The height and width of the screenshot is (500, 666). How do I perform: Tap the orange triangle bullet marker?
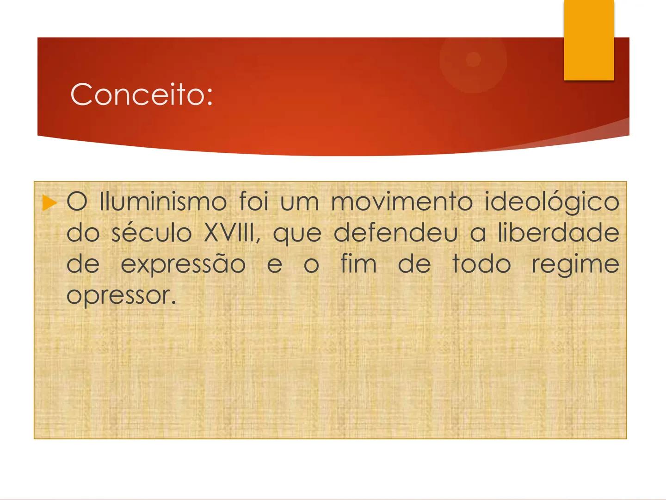click(x=49, y=203)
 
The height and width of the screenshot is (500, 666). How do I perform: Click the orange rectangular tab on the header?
click(x=589, y=40)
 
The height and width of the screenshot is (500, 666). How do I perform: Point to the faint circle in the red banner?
click(x=473, y=60)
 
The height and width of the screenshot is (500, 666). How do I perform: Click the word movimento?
click(x=401, y=203)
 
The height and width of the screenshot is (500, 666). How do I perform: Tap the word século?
click(x=152, y=233)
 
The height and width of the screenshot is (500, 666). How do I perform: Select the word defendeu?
click(x=395, y=233)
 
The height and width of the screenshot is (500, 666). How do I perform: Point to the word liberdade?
click(x=558, y=233)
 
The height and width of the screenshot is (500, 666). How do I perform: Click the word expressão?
click(x=183, y=264)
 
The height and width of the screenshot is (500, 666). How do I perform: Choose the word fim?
click(x=358, y=264)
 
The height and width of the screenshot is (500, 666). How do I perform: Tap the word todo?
click(x=481, y=264)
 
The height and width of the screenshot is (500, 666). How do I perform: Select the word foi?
click(x=253, y=203)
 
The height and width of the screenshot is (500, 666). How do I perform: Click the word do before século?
click(x=83, y=233)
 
